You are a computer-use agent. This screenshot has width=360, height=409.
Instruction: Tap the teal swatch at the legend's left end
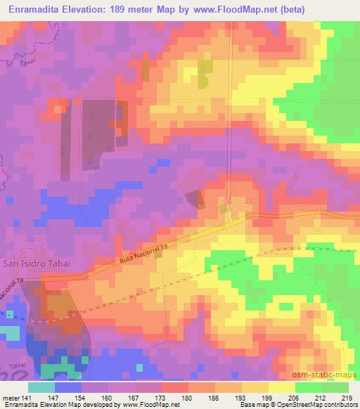point(41,387)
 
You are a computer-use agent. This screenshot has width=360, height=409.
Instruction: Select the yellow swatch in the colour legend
point(281,387)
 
